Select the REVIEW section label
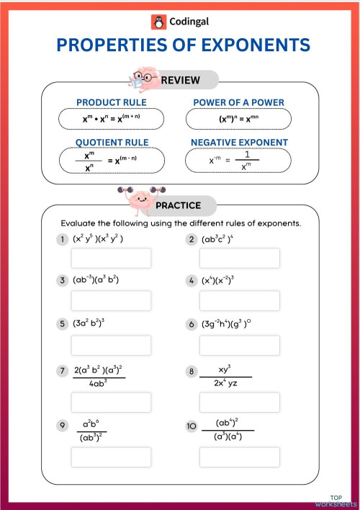coord(180,80)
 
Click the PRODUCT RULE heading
coord(112,102)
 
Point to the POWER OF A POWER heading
coord(239,102)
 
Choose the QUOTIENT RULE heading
coord(111,143)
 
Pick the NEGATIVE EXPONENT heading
coord(239,143)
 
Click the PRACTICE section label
coord(179,206)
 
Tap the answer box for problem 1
coord(111,258)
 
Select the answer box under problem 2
coord(240,258)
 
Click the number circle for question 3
coord(63,280)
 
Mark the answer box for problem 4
coord(240,300)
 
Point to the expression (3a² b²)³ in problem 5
coord(89,323)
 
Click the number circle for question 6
coord(192,324)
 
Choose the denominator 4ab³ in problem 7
coord(99,383)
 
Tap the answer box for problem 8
coord(240,402)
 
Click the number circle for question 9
coord(63,426)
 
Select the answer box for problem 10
coord(240,457)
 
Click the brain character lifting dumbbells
coord(137,196)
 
